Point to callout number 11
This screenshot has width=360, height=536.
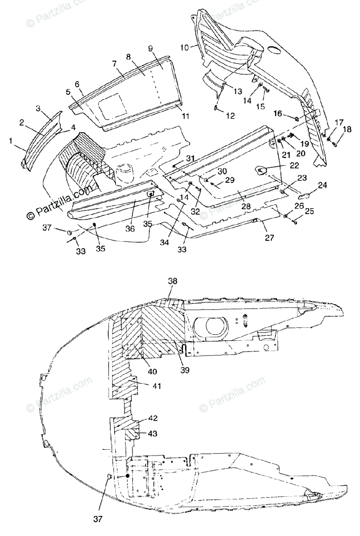point(185,116)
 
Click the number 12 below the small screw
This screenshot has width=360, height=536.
point(230,116)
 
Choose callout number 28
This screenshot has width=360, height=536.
point(247,207)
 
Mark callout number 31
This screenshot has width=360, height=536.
point(190,158)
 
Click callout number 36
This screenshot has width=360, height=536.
point(130,229)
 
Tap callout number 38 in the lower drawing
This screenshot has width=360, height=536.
point(172,281)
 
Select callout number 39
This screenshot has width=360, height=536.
point(184,370)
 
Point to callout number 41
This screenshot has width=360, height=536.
point(145,385)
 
